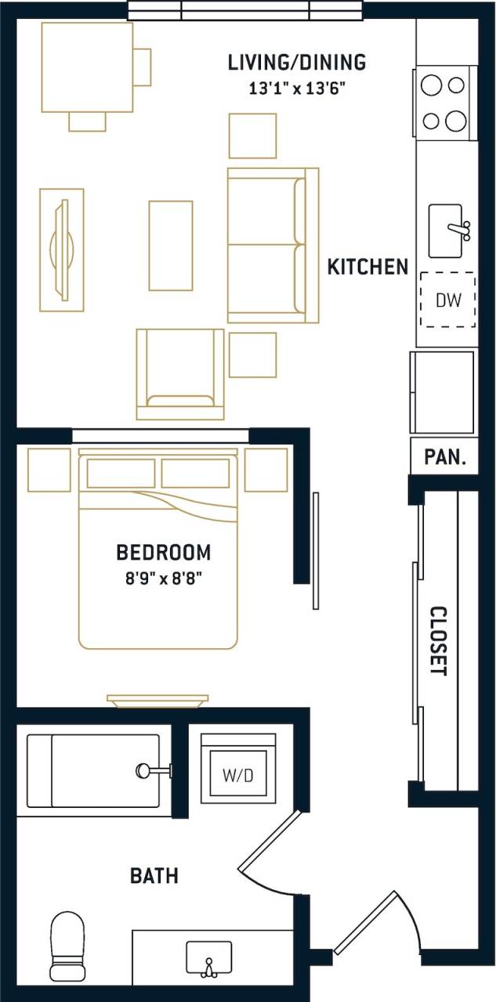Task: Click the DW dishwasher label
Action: click(x=447, y=300)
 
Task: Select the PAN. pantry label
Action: click(x=445, y=457)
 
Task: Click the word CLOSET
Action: click(x=438, y=641)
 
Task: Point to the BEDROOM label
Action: click(x=163, y=553)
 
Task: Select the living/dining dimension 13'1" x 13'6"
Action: click(x=297, y=88)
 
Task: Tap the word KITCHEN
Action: click(x=367, y=267)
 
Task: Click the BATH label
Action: click(x=154, y=875)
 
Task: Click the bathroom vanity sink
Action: click(x=208, y=959)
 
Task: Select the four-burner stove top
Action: click(x=444, y=103)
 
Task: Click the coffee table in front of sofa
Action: click(x=171, y=246)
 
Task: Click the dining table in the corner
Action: click(x=87, y=67)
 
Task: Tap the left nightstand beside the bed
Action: click(x=49, y=470)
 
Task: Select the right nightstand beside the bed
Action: click(x=266, y=470)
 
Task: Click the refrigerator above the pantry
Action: click(x=443, y=392)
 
